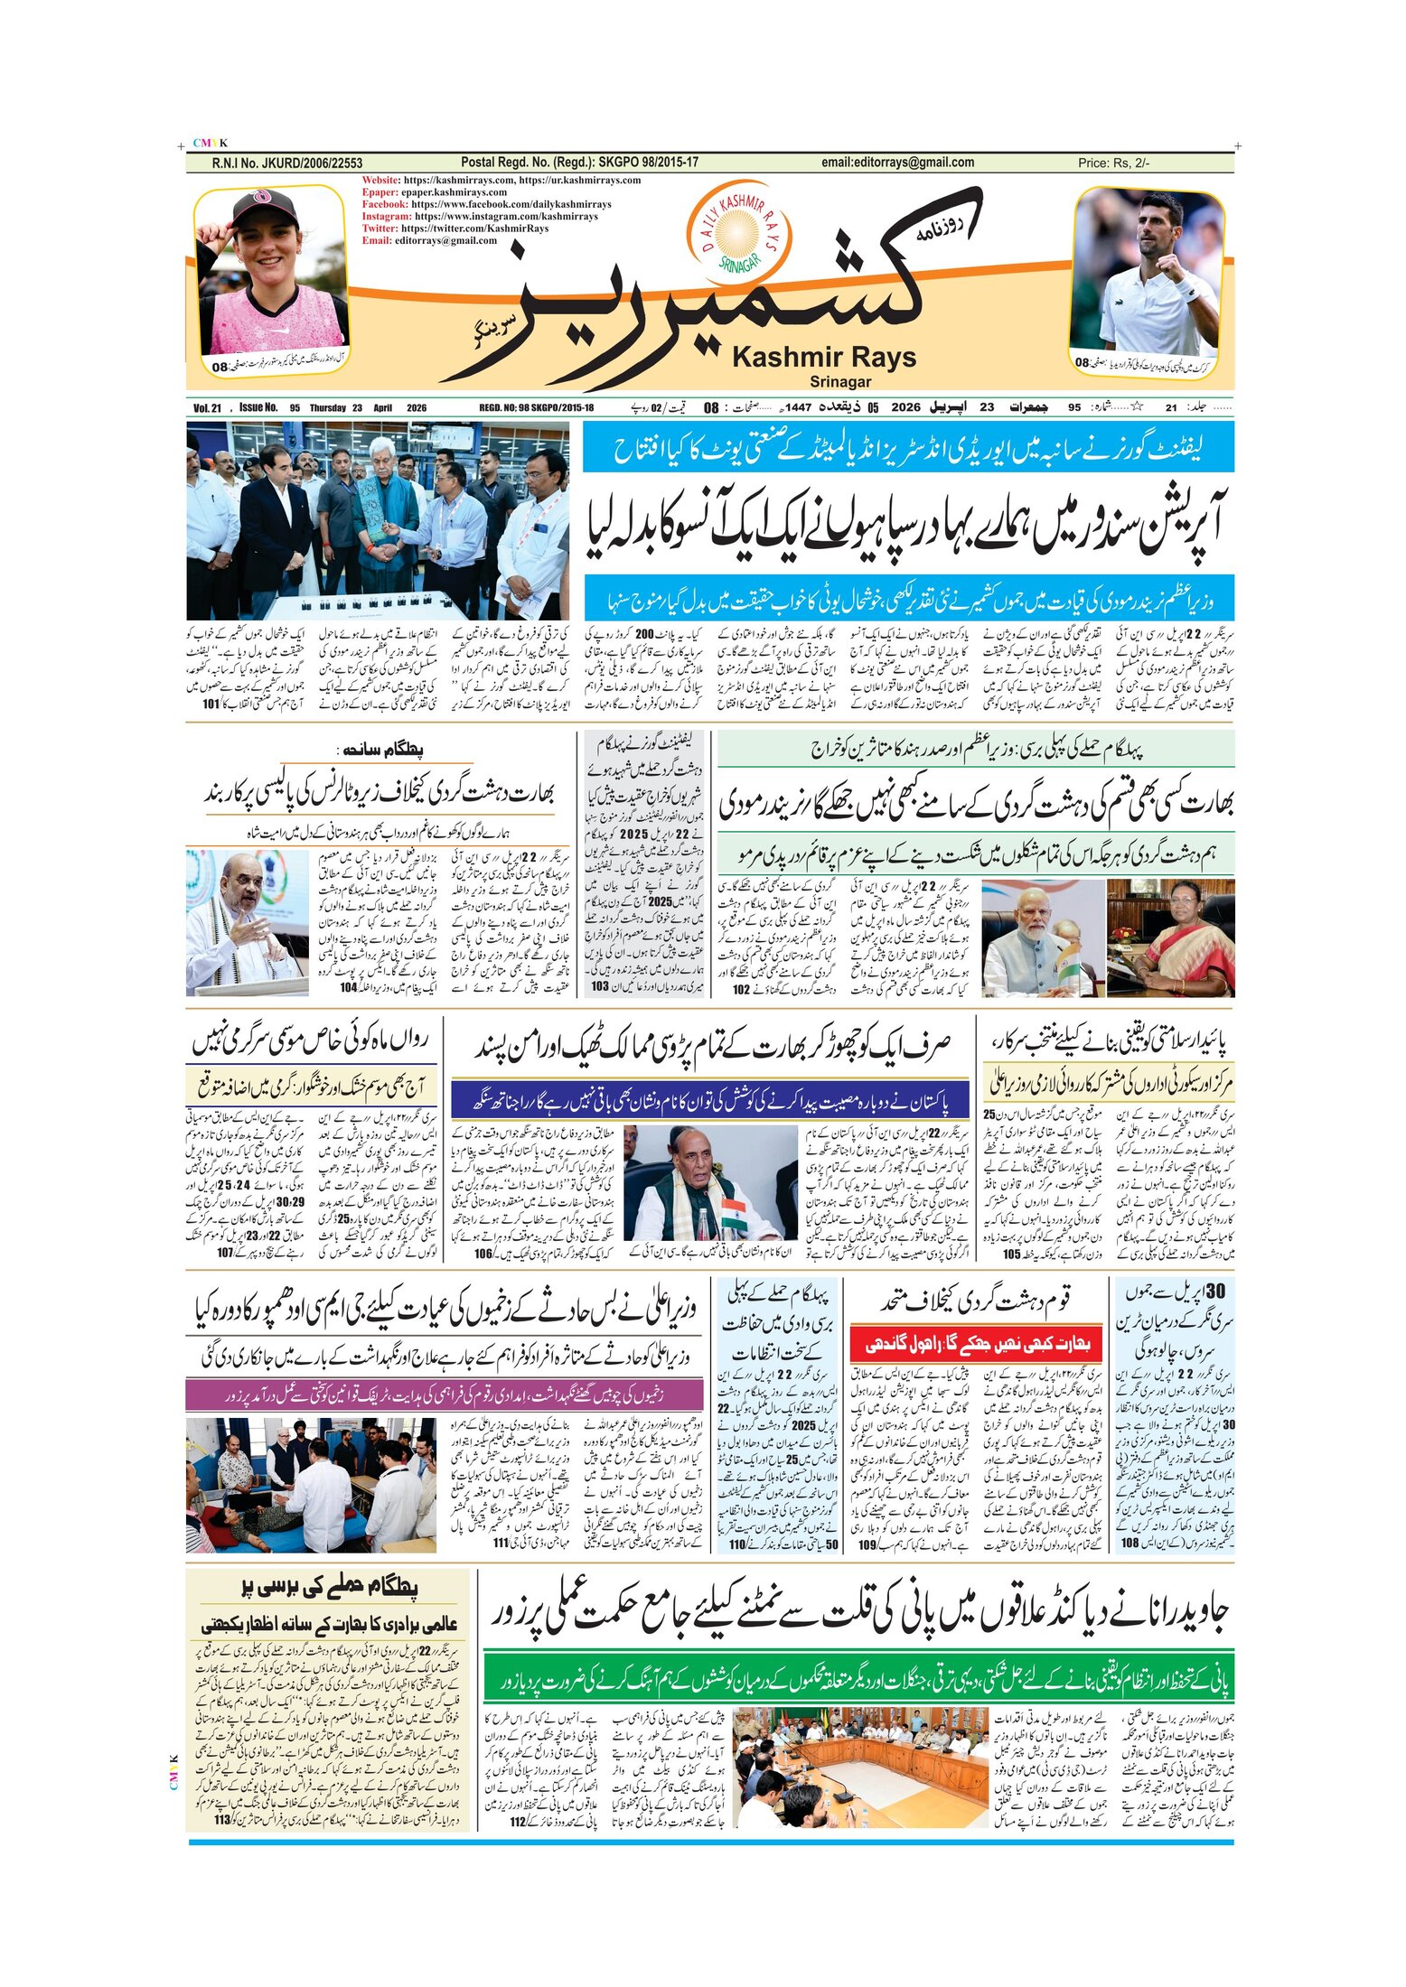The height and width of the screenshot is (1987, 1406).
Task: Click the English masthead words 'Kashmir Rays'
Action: coord(823,358)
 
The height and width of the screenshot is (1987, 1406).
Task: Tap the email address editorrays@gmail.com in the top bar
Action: coord(897,163)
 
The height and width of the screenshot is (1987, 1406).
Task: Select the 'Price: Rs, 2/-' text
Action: coord(1113,163)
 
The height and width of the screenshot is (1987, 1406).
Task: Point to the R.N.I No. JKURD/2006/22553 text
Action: coord(286,163)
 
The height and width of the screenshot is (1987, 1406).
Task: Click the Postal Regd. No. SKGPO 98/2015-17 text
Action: coord(579,163)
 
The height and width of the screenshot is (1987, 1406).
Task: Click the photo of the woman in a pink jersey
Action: coord(270,275)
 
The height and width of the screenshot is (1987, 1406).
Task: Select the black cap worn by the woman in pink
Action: coord(264,207)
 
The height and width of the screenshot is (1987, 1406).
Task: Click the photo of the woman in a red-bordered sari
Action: coord(1171,938)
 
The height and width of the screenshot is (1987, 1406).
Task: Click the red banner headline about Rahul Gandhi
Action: coord(976,1344)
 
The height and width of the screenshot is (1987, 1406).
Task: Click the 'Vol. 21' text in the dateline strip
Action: coord(207,408)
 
